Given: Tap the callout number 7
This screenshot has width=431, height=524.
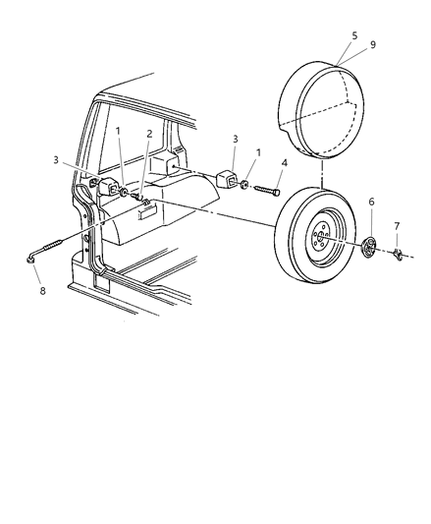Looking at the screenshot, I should pos(397,227).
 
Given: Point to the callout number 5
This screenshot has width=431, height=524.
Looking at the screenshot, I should pos(327,35).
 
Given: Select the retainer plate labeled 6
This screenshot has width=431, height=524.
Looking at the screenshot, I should pos(369,249).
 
